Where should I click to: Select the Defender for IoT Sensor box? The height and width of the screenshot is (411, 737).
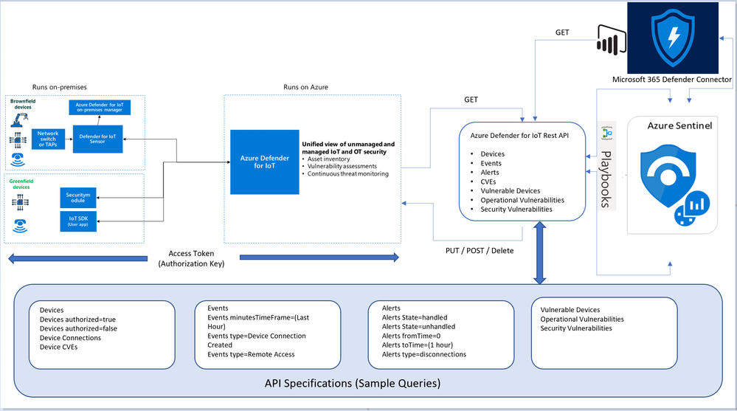coord(98,139)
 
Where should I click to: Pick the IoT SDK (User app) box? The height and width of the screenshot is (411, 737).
coord(77,221)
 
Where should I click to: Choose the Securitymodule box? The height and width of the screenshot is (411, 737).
coord(77,197)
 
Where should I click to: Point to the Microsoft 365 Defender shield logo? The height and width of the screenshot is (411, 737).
coord(674,35)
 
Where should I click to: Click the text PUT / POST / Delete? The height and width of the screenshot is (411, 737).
coord(479,250)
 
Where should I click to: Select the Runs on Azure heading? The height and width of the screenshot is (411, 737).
coord(305,87)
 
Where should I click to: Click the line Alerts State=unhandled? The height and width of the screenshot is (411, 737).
coord(419,327)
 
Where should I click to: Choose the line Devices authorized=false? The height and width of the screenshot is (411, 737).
coord(78,328)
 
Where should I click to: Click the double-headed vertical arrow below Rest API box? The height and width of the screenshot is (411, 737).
coord(540,254)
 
